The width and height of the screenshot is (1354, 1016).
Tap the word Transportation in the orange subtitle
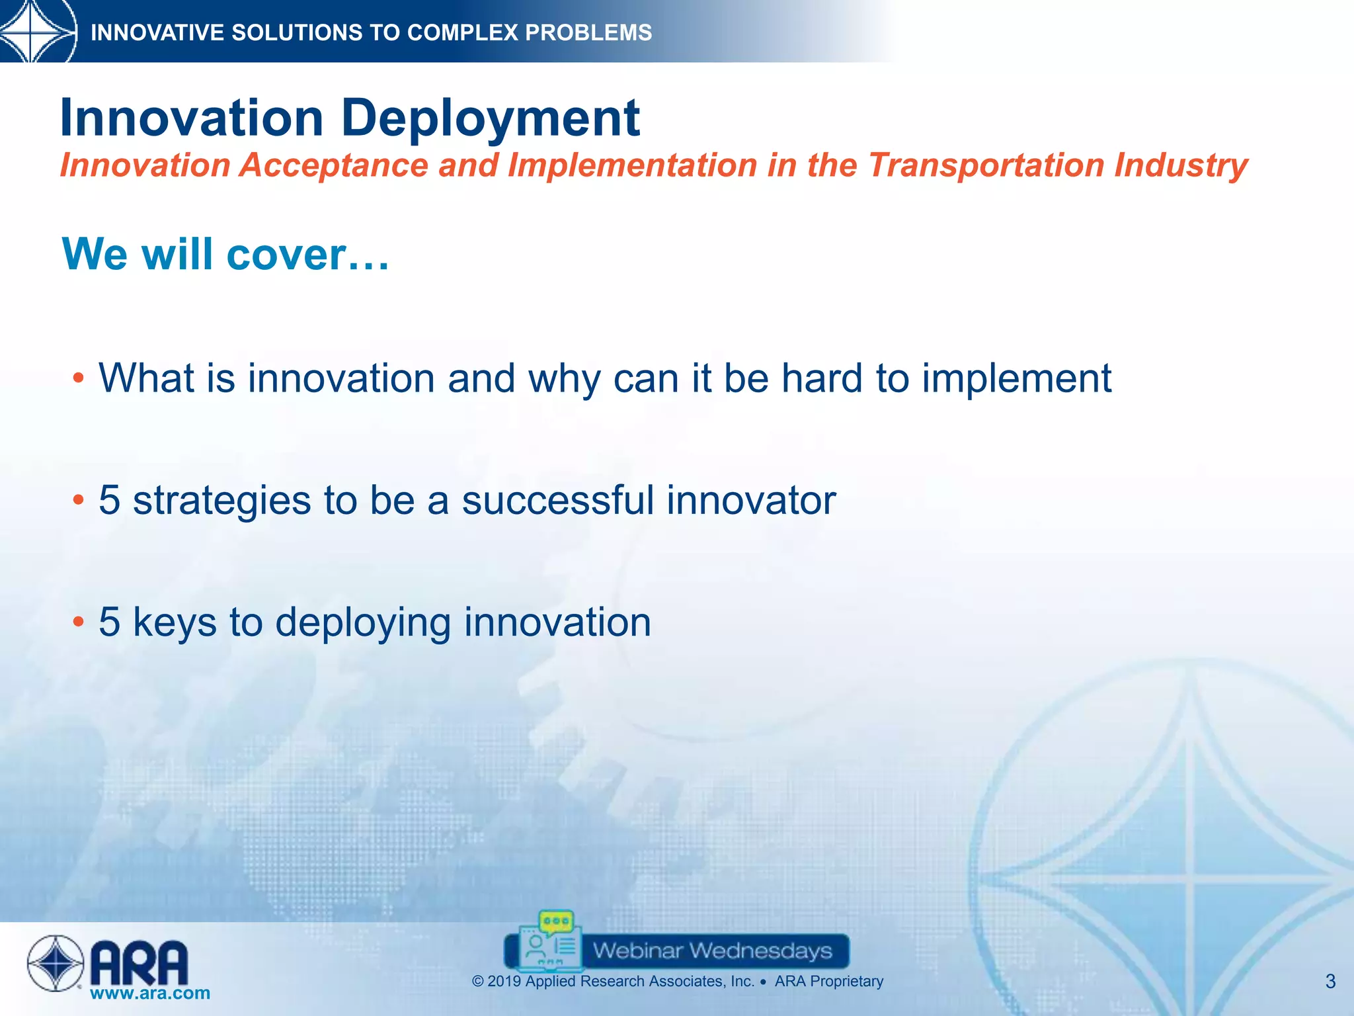point(986,165)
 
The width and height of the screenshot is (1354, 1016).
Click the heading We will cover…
point(225,255)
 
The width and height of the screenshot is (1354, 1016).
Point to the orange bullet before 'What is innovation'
point(79,378)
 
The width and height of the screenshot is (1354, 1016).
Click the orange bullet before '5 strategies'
point(79,500)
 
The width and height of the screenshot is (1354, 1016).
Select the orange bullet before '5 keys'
point(79,622)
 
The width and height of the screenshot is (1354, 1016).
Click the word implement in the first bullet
point(1016,378)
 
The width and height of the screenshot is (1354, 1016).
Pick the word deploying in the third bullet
point(363,622)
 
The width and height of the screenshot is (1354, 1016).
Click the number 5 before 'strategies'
point(110,500)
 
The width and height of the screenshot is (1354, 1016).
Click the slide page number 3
point(1330,982)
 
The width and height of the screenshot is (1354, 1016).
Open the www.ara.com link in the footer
point(150,993)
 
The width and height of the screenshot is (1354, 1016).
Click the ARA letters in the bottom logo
point(139,963)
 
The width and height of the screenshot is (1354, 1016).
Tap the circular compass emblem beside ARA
point(56,963)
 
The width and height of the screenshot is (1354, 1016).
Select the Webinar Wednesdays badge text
point(712,951)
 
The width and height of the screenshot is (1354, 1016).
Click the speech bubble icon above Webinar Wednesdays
point(556,921)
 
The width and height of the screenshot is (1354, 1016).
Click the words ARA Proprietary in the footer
point(828,982)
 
